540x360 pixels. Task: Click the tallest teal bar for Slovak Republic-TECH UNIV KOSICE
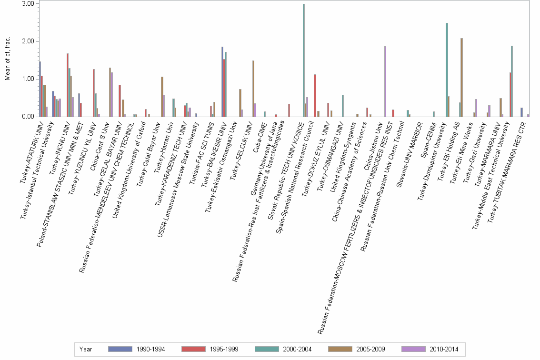pos(304,60)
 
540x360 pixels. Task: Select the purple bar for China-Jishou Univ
pos(385,81)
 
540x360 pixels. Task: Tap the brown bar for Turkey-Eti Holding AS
pos(461,77)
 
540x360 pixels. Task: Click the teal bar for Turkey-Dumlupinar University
pos(447,70)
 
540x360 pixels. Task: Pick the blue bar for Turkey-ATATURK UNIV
pos(40,89)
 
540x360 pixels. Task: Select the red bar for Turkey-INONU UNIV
pos(68,85)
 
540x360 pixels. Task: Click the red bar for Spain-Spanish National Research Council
pos(315,95)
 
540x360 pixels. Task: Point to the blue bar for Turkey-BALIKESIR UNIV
pos(222,81)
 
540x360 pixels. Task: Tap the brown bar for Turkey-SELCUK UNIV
pos(253,89)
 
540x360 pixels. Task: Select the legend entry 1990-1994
pos(150,349)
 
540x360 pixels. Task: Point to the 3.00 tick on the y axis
pos(28,4)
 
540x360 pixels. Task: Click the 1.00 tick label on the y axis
pos(28,79)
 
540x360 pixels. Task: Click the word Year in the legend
pos(86,349)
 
